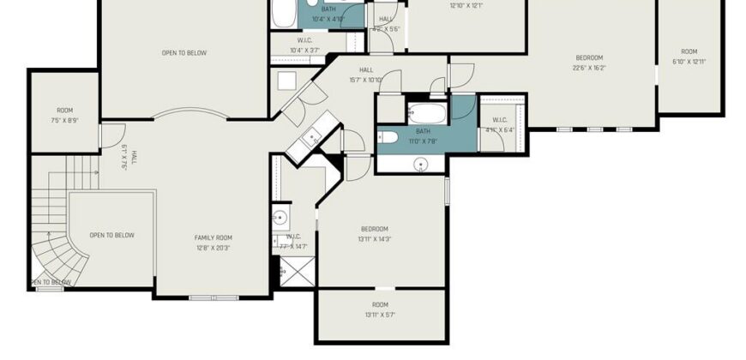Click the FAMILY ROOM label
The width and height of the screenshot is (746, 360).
tap(212, 237)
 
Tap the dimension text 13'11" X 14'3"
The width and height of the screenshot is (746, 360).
tap(375, 239)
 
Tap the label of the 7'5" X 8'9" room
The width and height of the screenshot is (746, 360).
tap(64, 121)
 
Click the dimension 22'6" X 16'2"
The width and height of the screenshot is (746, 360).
tap(591, 68)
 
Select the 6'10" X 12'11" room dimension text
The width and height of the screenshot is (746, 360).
tap(689, 61)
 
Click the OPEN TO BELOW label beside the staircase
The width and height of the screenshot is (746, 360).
tap(111, 235)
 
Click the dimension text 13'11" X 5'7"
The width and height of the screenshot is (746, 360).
tap(380, 315)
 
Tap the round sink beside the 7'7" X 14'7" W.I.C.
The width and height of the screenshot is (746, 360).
tap(280, 216)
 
